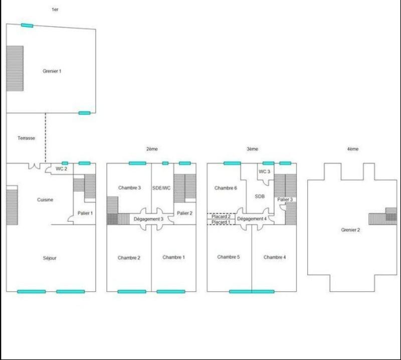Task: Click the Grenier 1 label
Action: tap(52, 71)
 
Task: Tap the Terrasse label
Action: tap(26, 138)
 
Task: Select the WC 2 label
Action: tap(62, 169)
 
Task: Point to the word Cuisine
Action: tap(45, 200)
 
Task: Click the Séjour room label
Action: tap(50, 258)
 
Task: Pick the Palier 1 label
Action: tap(85, 213)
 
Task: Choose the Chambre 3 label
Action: tap(129, 188)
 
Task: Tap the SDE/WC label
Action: tap(162, 188)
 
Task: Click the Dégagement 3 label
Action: tap(148, 219)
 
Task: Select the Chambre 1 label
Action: tap(173, 257)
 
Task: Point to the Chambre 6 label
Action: tap(225, 188)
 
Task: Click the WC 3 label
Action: tap(265, 171)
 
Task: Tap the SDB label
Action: tap(259, 197)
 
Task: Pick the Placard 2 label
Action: tap(221, 216)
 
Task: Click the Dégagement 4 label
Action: tap(252, 219)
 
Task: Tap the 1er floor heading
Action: tap(55, 10)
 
